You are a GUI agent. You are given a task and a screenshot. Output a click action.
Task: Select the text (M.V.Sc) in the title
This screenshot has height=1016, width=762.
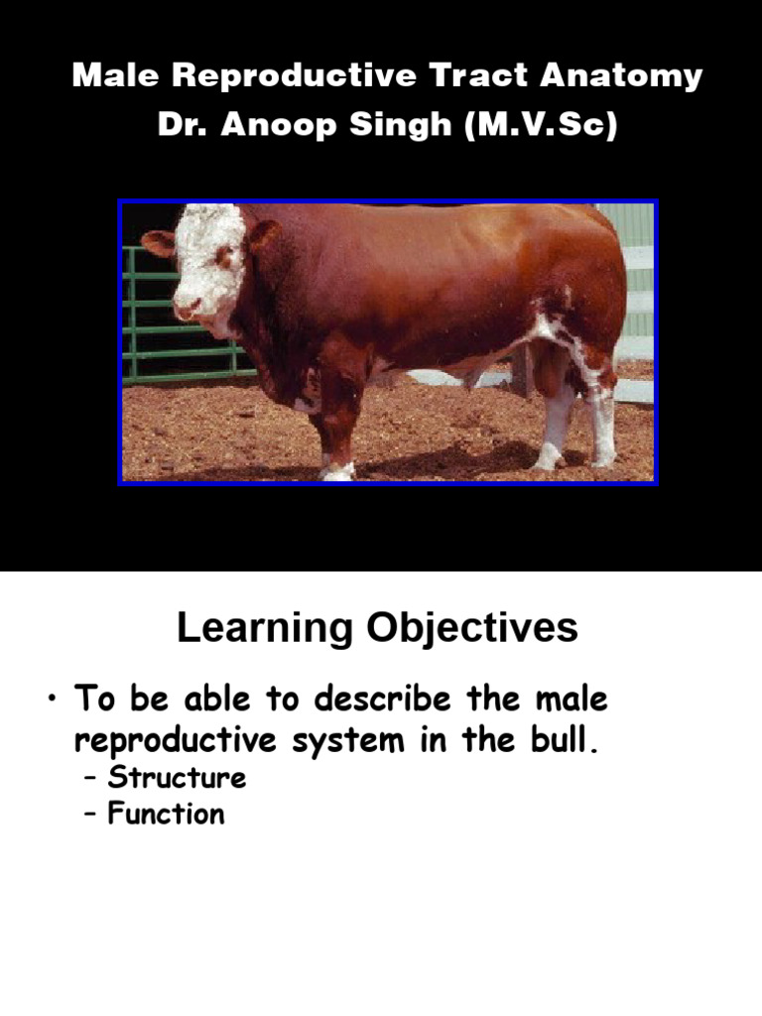(540, 128)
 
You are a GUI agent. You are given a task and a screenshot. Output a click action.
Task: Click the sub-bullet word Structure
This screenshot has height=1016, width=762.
(177, 778)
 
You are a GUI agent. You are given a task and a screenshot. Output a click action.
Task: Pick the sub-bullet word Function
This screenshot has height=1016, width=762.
(166, 815)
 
